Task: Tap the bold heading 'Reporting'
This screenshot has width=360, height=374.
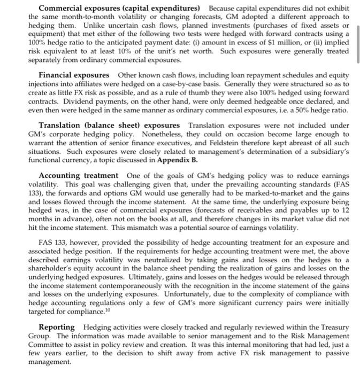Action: (57, 326)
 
